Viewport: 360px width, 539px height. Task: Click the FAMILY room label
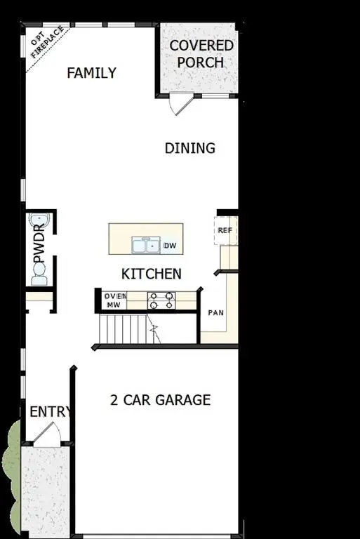91,73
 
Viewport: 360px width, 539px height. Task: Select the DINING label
189,148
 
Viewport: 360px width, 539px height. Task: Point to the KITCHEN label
152,274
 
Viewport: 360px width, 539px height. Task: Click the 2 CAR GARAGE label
160,400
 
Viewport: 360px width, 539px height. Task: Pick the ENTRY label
49,412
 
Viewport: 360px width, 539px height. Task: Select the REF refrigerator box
225,230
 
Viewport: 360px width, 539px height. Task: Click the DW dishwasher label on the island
169,246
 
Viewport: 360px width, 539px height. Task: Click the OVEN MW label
115,300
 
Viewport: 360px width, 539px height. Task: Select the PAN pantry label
215,312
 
